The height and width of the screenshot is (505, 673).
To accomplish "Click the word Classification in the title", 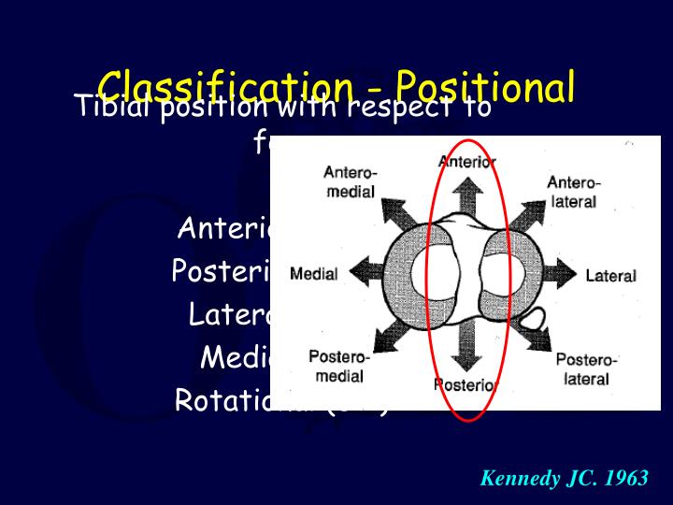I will (221, 87).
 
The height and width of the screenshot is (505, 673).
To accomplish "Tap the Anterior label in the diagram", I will (467, 161).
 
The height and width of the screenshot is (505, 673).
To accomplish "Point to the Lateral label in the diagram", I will (610, 276).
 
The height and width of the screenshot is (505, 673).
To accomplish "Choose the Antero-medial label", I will (350, 182).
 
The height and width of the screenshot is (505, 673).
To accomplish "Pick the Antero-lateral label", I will (574, 192).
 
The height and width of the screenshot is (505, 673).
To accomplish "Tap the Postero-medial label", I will (339, 367).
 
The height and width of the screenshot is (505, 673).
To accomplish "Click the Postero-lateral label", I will (587, 369).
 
